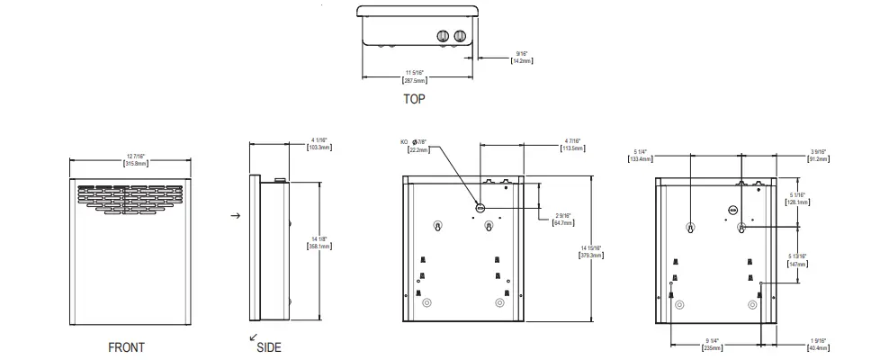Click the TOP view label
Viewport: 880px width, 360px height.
[x=414, y=99]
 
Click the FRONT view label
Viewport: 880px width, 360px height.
[x=125, y=346]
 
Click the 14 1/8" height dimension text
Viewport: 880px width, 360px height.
[x=319, y=241]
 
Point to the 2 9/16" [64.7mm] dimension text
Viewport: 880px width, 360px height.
[x=563, y=218]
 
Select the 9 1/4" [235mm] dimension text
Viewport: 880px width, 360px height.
[x=714, y=343]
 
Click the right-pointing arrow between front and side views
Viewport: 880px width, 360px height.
[x=236, y=217]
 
